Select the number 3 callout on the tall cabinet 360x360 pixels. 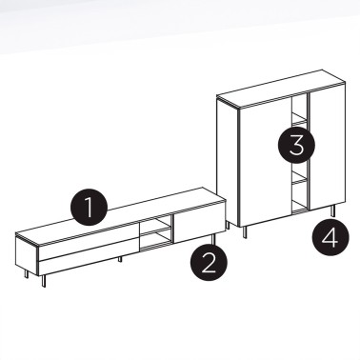coord(296,147)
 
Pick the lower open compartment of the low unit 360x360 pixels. coord(155,239)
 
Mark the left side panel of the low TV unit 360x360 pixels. coord(25,251)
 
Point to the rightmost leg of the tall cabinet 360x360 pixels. coord(333,211)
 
